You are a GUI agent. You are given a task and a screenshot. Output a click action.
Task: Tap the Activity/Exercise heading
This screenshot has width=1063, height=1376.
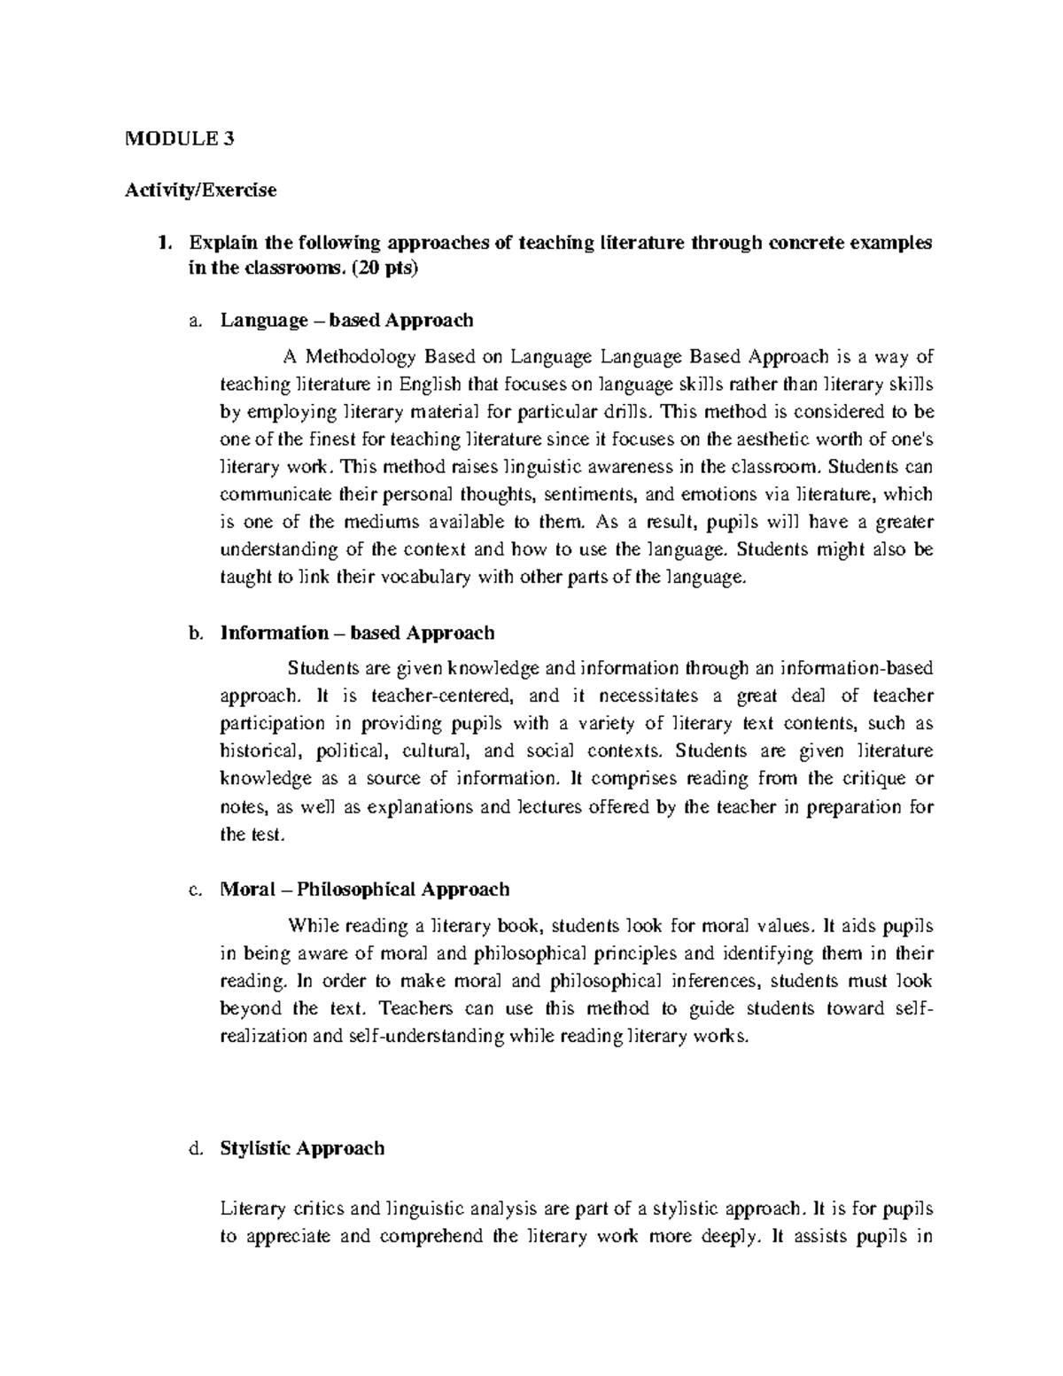coord(202,190)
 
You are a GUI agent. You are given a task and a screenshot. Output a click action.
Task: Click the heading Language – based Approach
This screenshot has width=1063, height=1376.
coord(346,320)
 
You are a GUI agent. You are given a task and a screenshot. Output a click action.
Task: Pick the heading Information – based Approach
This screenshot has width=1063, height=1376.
coord(357,633)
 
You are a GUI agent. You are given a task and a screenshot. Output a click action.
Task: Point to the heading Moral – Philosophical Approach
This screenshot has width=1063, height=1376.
coord(364,890)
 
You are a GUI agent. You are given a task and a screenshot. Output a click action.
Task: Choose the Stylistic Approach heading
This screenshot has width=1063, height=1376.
coord(302,1148)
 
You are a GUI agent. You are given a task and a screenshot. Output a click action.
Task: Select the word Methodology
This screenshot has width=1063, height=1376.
coord(361,357)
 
